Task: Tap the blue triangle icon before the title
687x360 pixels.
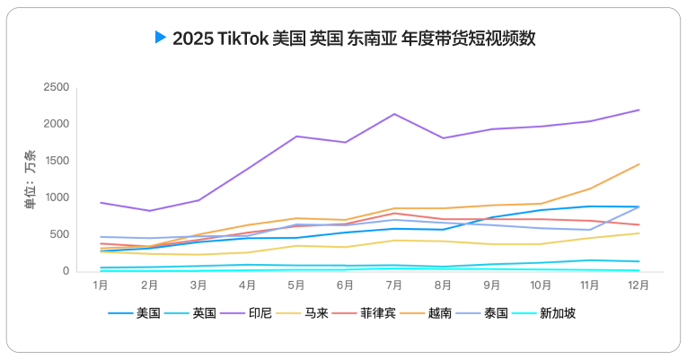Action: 161,37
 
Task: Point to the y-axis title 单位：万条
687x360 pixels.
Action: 31,180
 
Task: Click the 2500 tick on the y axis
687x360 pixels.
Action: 57,87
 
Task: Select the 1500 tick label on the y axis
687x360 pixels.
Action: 57,161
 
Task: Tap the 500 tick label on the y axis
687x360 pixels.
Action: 59,234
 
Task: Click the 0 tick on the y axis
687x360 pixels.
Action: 65,271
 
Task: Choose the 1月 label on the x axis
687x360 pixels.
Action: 101,285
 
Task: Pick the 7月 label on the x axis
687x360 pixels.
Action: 394,285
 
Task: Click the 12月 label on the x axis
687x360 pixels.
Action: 639,285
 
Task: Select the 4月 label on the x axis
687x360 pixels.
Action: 248,285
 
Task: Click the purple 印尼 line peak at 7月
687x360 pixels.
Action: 394,114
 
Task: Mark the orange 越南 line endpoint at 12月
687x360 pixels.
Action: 639,164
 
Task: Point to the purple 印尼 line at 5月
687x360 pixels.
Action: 296,136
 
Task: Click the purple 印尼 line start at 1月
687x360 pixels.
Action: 101,202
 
